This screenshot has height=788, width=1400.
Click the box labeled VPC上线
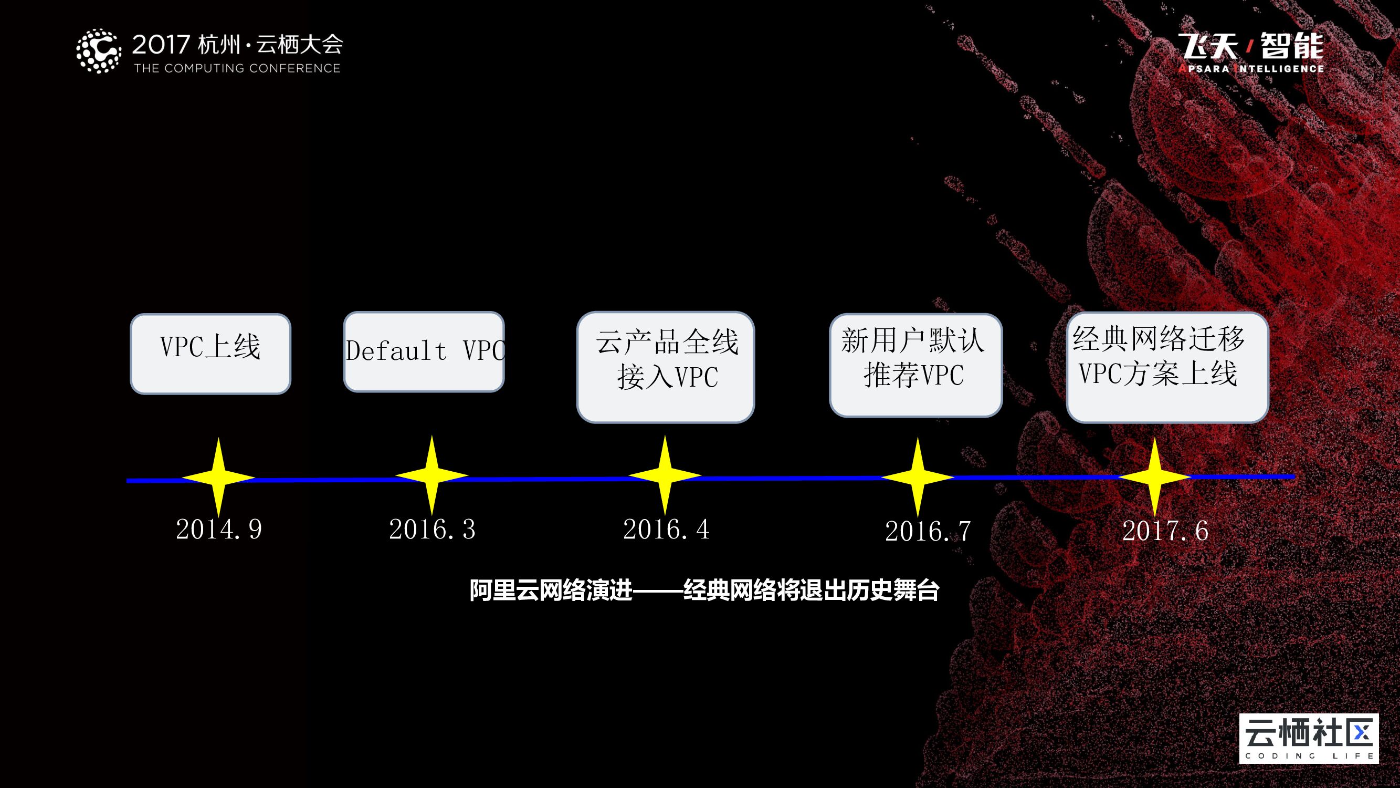coord(210,354)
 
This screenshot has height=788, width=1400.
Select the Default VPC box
coord(424,351)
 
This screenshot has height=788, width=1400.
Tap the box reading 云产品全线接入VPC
coord(665,367)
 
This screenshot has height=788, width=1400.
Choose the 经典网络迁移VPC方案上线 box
coord(1167,367)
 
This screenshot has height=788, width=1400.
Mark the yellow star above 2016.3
coord(431,476)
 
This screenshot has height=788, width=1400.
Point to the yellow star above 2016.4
coord(665,476)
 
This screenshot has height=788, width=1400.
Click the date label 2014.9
coord(219,529)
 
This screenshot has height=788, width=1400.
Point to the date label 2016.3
coord(432,529)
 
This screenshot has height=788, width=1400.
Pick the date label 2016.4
coord(666,529)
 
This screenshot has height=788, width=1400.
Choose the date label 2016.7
coord(928,531)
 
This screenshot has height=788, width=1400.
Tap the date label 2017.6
coord(1165,531)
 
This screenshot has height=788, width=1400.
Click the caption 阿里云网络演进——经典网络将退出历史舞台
coord(704,590)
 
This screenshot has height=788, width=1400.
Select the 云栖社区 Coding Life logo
coord(1309,738)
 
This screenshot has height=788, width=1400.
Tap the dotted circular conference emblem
coord(98,51)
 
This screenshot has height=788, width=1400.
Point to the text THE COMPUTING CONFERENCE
coord(237,68)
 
